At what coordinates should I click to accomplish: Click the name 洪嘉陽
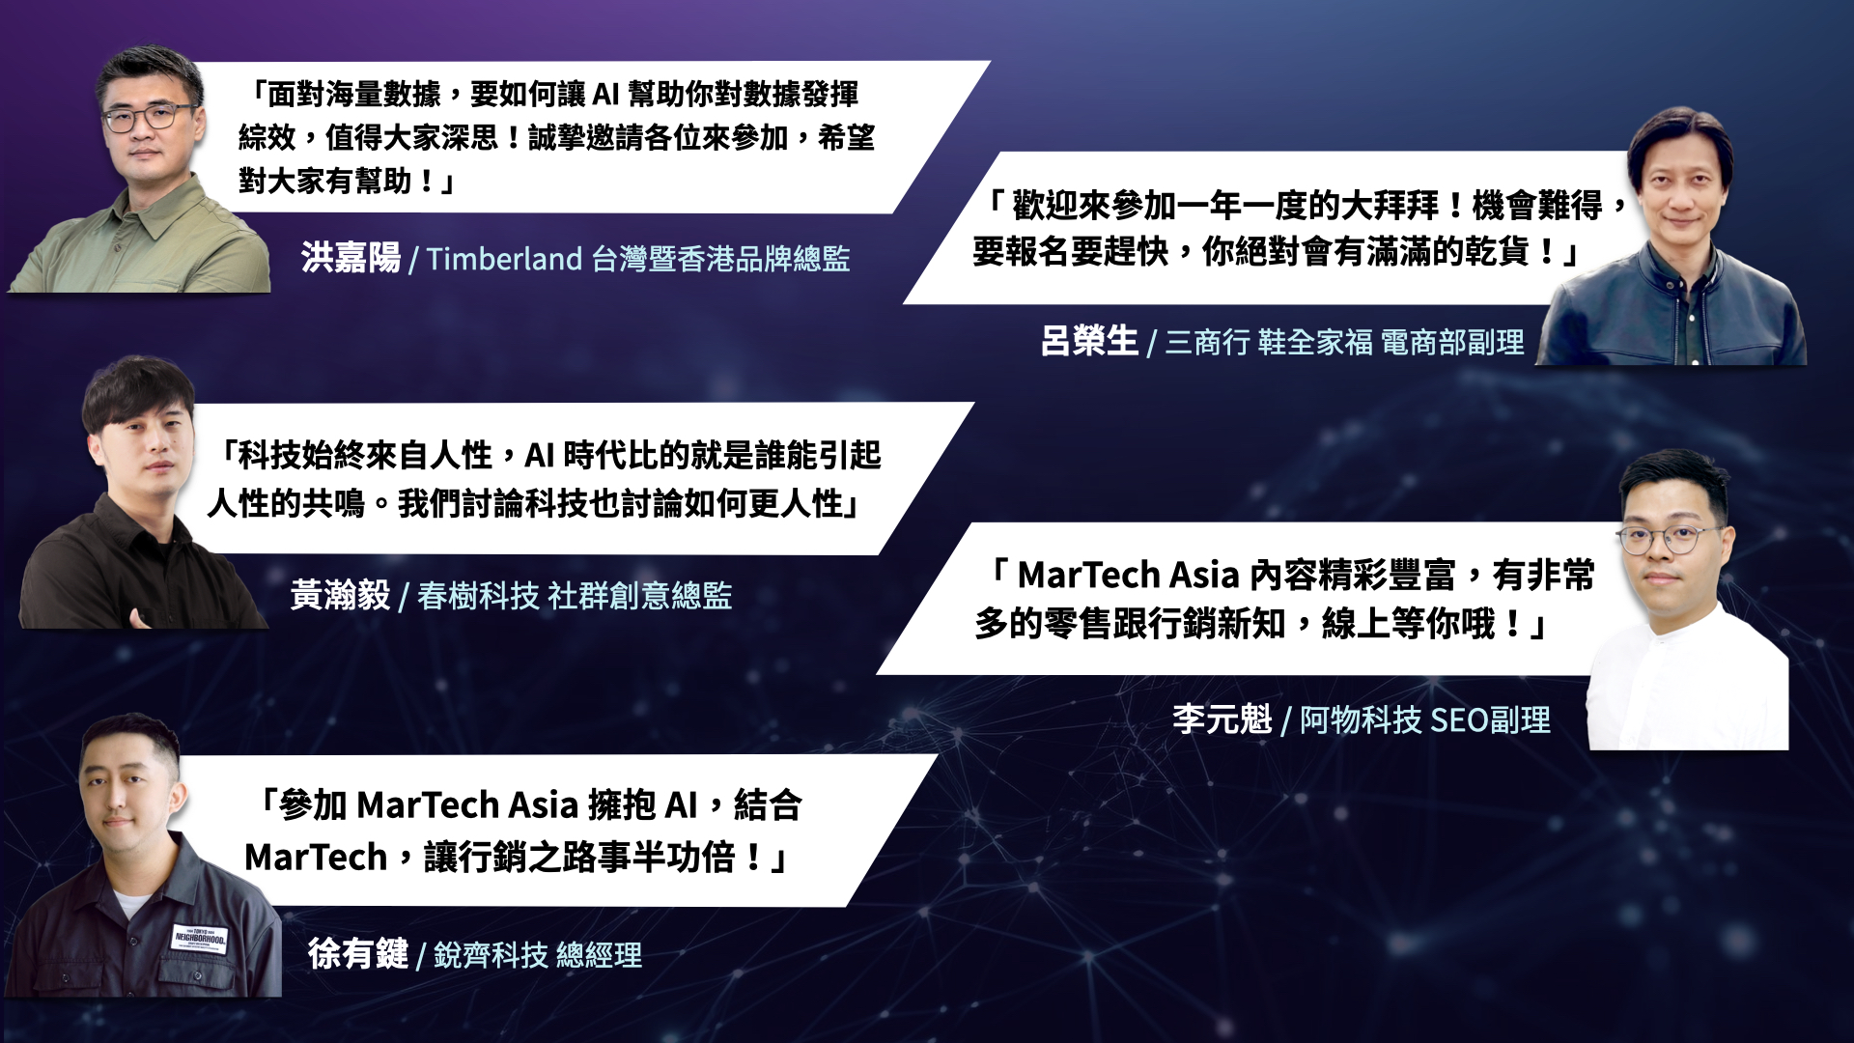[351, 258]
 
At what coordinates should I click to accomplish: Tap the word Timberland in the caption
[504, 259]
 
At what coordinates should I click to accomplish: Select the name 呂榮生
[1089, 341]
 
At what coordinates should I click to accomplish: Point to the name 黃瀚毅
[340, 595]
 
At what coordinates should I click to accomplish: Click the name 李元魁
[1222, 719]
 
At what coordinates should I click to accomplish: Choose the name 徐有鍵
[358, 954]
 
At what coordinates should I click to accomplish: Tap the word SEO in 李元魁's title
[1459, 720]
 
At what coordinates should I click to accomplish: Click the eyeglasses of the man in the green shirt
[150, 119]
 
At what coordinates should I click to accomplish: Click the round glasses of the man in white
[1669, 539]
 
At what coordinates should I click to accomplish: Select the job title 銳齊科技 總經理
[538, 955]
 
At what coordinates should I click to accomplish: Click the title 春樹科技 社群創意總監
[575, 596]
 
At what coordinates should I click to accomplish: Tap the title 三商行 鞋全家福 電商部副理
[1345, 342]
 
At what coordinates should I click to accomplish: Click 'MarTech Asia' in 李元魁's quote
[1128, 575]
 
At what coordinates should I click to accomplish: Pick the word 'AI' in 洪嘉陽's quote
[605, 94]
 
